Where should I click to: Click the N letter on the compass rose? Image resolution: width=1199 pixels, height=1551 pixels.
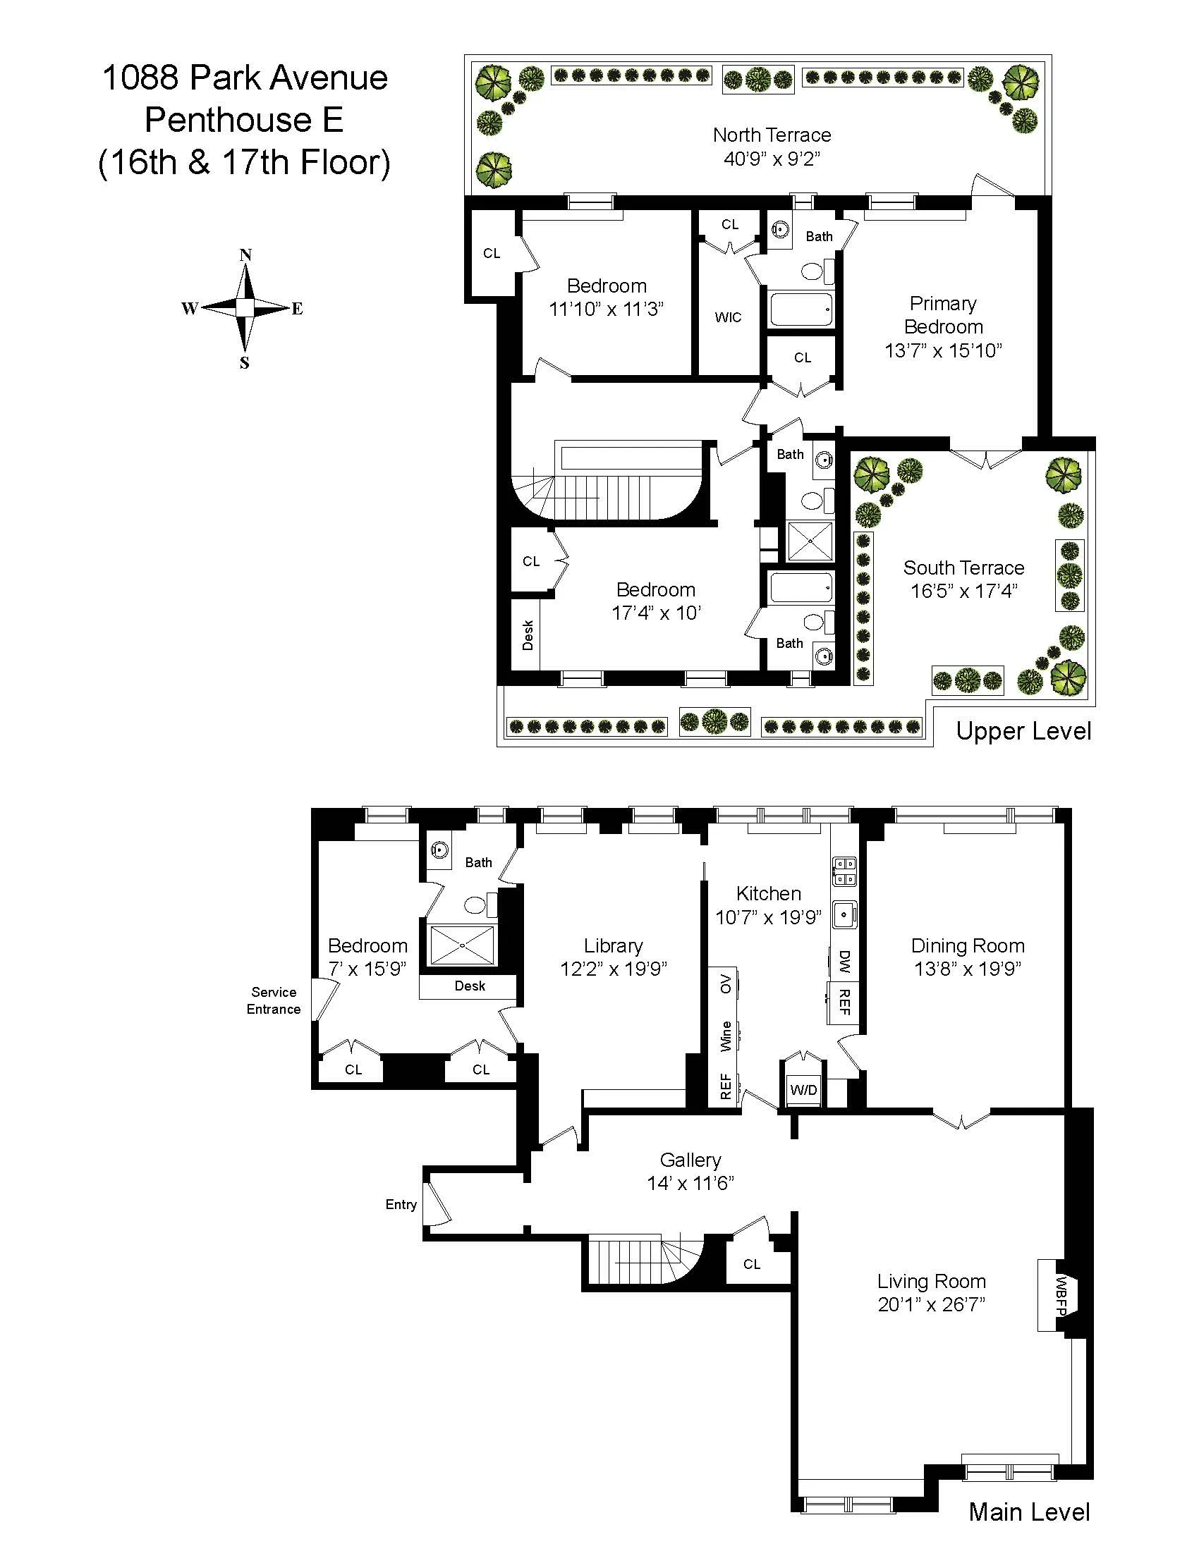[x=245, y=255]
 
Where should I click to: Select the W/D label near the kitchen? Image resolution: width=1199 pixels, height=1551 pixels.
[x=803, y=1090]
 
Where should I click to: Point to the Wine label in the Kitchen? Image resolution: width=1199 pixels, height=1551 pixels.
[x=726, y=1036]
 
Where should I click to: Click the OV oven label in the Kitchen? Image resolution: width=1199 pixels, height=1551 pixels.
[x=726, y=983]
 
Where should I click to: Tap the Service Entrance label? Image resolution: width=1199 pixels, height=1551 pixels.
[x=274, y=1000]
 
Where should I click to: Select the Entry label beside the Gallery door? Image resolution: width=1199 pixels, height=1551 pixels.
[x=401, y=1204]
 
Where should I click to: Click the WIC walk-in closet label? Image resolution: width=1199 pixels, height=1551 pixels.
[x=728, y=317]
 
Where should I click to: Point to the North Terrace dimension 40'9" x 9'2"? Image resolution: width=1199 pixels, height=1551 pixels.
[x=772, y=159]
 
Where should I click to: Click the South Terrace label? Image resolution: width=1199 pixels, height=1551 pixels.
[x=963, y=568]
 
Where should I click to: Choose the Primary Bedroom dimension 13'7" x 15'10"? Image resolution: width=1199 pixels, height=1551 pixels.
[x=942, y=350]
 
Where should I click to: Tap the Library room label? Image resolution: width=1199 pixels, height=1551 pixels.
[x=613, y=945]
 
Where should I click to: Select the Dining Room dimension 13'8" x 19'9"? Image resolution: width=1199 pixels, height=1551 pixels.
[x=968, y=969]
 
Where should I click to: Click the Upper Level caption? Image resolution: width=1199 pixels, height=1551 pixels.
[x=1023, y=731]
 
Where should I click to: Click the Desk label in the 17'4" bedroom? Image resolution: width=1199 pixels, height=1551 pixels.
[x=528, y=635]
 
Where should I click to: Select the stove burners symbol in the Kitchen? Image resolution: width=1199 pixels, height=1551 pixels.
[x=844, y=871]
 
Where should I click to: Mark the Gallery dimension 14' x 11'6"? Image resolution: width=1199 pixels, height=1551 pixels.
[x=690, y=1183]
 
